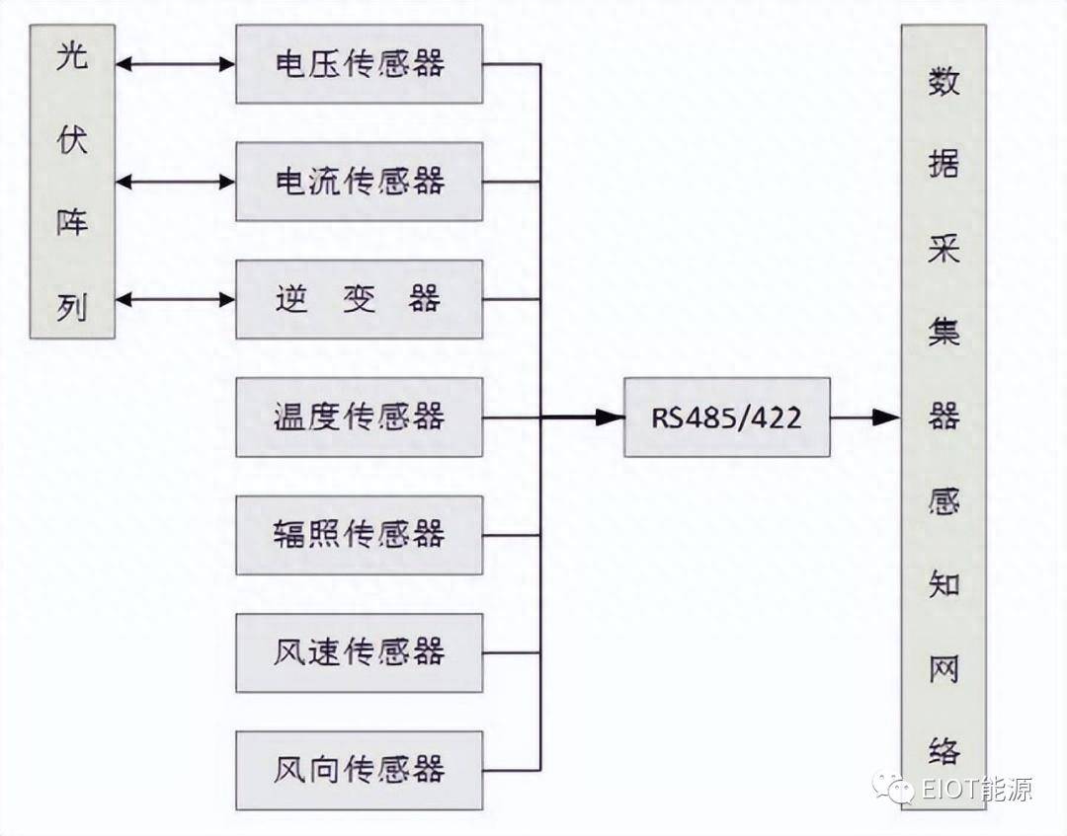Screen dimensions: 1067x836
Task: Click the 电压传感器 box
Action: pyautogui.click(x=360, y=64)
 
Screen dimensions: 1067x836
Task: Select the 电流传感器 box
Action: pyautogui.click(x=360, y=182)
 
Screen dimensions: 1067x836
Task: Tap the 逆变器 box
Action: pyautogui.click(x=360, y=299)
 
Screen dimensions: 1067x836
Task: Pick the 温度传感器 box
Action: pyautogui.click(x=360, y=418)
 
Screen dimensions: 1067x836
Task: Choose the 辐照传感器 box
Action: pyautogui.click(x=360, y=535)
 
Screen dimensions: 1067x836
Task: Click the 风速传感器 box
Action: pyautogui.click(x=360, y=653)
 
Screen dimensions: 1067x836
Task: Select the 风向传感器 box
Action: pyautogui.click(x=360, y=771)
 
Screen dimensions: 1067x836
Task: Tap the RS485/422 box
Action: pyautogui.click(x=727, y=418)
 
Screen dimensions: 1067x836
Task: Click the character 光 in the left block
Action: pyautogui.click(x=72, y=55)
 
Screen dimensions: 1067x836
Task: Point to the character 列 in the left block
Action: pyautogui.click(x=72, y=307)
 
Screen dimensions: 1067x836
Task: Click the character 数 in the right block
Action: pyautogui.click(x=944, y=81)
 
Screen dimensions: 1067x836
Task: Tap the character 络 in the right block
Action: pyautogui.click(x=944, y=751)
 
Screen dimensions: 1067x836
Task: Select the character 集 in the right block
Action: pyautogui.click(x=944, y=333)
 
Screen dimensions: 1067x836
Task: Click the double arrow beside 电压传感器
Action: pyautogui.click(x=175, y=64)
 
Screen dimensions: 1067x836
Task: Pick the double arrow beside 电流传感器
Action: pyautogui.click(x=175, y=182)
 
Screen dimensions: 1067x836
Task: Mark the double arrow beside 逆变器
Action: pyautogui.click(x=175, y=299)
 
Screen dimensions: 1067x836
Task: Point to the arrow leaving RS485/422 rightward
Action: pyautogui.click(x=865, y=418)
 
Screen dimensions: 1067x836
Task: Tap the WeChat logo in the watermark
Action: pyautogui.click(x=893, y=789)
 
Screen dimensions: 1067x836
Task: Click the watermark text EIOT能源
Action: pyautogui.click(x=977, y=789)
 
